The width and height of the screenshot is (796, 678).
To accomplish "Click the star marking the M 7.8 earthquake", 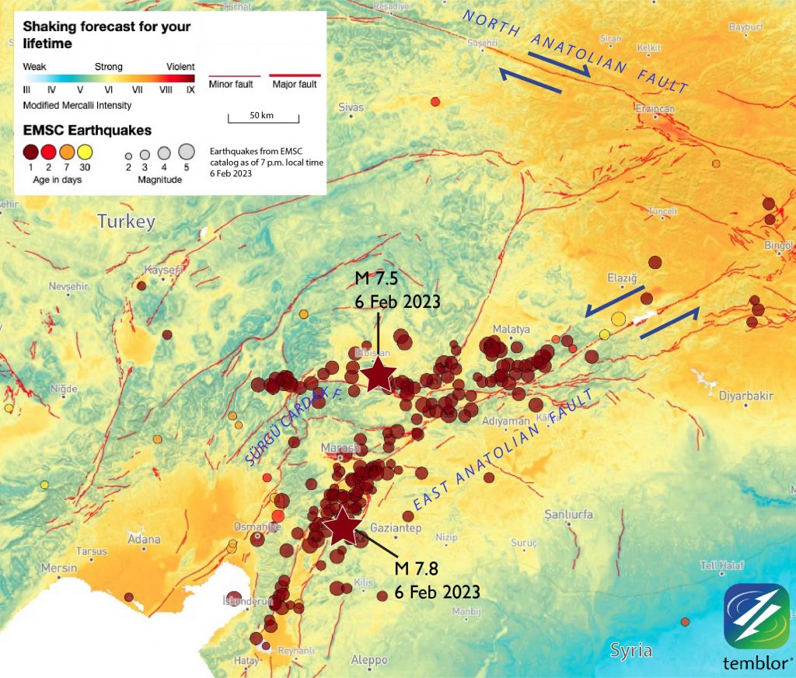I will pos(342,526).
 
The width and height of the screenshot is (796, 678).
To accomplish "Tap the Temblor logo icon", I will pos(756,616).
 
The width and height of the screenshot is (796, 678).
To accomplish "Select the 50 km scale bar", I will pos(263,117).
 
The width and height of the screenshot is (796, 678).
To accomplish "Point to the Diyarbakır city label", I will pos(746,396).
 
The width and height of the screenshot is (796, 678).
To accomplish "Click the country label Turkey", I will pos(126,222).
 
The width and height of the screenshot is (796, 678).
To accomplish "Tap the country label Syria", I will pos(630,650).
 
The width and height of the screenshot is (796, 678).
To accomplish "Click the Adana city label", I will pos(144,540).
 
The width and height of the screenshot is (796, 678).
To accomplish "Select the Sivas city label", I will pos(351,107).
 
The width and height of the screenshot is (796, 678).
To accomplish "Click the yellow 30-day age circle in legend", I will pos(85,152).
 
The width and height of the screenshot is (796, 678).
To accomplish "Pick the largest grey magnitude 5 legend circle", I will pos(186,151).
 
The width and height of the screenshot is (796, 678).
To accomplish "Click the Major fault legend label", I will pos(295,84).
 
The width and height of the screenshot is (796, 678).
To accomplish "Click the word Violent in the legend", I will pos(180,67).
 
